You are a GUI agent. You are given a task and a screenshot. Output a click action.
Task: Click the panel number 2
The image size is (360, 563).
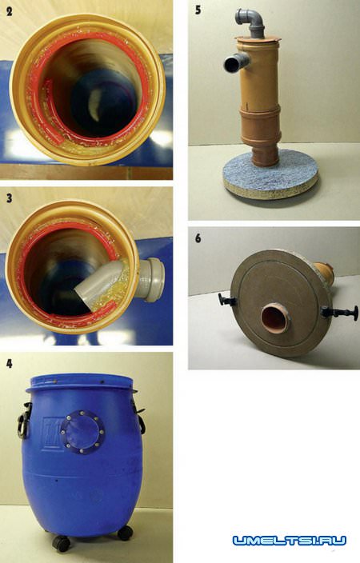click(x=10, y=11)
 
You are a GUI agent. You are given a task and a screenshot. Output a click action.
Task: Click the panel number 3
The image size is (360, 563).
click(x=10, y=198)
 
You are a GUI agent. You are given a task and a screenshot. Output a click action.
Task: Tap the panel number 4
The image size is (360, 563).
click(x=10, y=363)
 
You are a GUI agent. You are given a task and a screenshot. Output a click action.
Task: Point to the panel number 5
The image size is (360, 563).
click(x=198, y=10)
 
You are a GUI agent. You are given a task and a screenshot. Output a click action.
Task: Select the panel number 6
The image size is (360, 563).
click(x=198, y=238)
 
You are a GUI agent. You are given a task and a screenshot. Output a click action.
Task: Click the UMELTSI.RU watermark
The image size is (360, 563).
click(x=290, y=541)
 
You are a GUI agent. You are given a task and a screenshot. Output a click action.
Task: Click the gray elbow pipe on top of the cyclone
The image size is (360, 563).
click(x=250, y=22)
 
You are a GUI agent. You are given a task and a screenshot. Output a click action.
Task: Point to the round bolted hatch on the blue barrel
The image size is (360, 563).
click(x=82, y=431)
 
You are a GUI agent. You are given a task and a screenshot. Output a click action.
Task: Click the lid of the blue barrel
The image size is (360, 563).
click(x=81, y=382)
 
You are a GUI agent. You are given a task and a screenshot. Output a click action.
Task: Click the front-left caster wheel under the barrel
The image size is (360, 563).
click(x=62, y=543)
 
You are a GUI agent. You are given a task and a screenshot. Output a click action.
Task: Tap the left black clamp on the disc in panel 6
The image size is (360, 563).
click(x=226, y=299)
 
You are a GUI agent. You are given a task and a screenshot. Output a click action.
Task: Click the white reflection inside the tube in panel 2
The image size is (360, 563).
click(x=94, y=105)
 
